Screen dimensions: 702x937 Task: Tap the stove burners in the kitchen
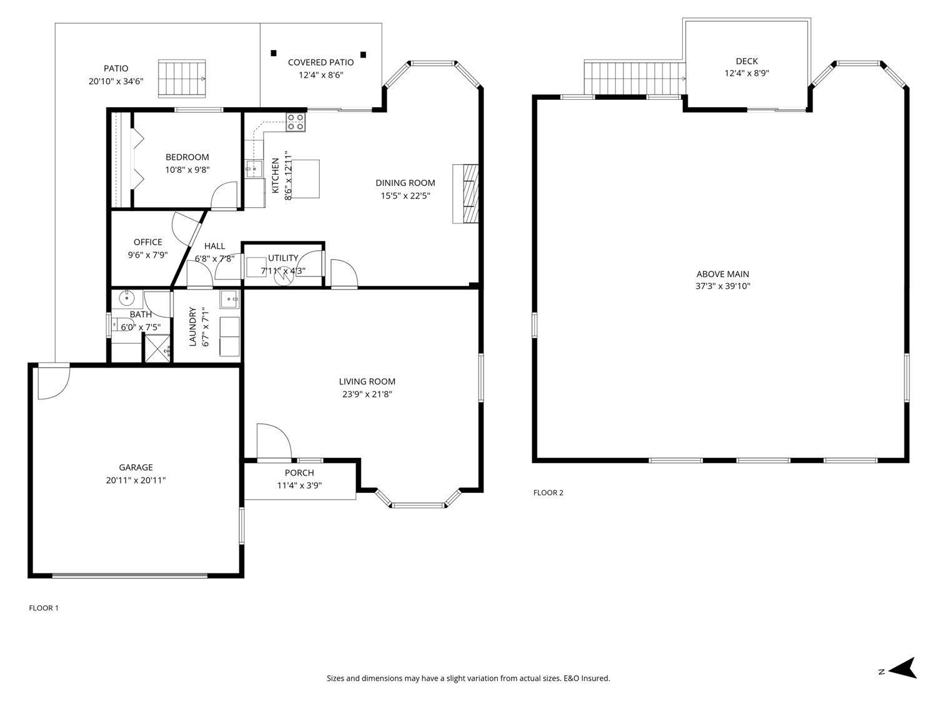(296, 122)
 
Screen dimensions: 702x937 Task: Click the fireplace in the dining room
(466, 193)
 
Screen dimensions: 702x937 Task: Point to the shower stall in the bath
(157, 348)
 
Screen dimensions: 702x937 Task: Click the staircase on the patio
(181, 79)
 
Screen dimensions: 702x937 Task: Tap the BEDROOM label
(187, 157)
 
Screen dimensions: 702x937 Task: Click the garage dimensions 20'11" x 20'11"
(136, 480)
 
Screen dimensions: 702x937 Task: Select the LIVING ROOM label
(367, 381)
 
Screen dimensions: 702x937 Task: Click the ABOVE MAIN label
(723, 274)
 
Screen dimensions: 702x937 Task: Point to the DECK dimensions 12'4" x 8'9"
(746, 73)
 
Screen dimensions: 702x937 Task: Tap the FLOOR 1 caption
(44, 608)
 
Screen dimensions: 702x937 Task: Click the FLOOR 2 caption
(548, 492)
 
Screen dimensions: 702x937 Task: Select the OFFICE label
(147, 242)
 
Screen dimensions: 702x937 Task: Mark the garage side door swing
(52, 382)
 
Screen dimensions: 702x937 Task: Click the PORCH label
(299, 473)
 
